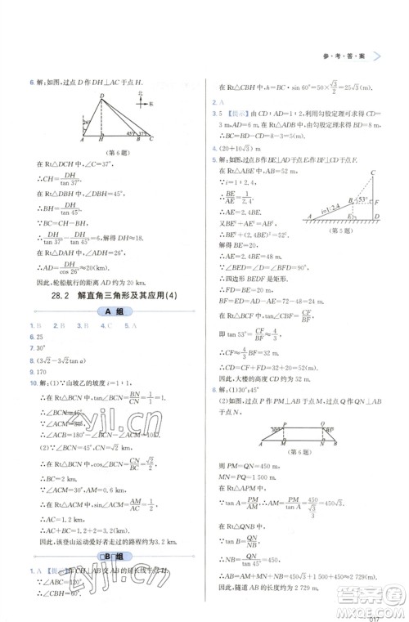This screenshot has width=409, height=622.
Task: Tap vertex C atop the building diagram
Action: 373,173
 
